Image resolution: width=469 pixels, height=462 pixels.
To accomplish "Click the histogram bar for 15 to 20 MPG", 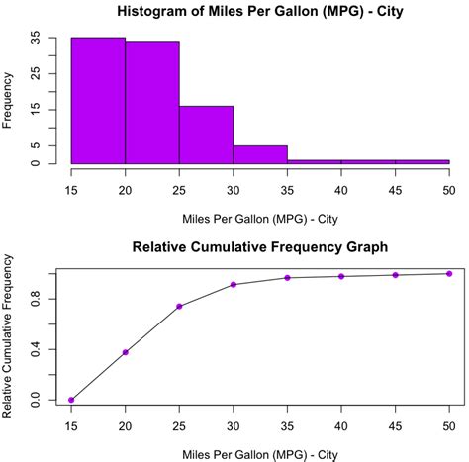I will coord(98,100).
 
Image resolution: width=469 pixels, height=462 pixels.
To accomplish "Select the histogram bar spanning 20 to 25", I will coord(152,102).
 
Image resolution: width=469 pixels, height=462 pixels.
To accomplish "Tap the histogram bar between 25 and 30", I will coord(206,135).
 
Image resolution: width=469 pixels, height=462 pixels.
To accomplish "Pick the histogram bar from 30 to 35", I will coord(260,154).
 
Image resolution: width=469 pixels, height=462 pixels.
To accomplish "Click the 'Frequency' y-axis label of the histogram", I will coord(9,100).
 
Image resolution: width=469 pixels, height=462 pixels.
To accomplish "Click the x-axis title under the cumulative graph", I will coord(260,452).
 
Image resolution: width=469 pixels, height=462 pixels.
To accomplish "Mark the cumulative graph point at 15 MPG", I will coord(71,400).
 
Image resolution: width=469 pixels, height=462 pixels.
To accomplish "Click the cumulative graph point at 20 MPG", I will coord(126,352).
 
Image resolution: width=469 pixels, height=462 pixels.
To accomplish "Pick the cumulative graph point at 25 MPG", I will coord(179,306).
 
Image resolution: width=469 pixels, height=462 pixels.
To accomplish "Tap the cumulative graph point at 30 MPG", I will coord(234,285).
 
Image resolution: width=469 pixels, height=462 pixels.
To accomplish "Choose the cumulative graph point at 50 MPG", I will coord(448,274).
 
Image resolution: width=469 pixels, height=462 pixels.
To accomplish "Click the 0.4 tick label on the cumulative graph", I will coord(37,349).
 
